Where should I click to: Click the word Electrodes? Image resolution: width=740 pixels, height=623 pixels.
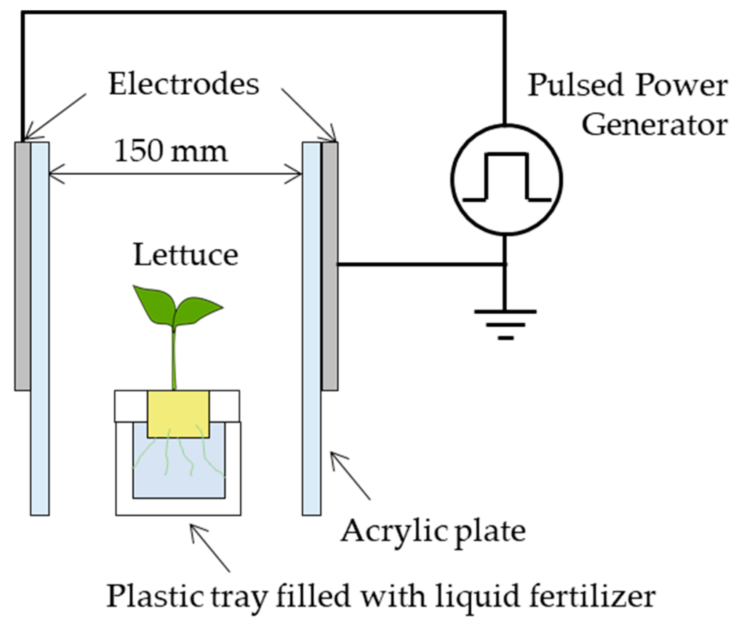183,84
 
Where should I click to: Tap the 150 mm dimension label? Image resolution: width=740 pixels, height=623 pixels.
171,151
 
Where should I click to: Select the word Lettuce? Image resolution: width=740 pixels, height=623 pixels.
186,255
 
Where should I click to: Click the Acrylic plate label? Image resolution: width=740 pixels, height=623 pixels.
433,531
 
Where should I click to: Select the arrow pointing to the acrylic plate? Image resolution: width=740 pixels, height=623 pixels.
350,475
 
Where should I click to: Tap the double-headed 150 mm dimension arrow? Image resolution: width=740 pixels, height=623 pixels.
175,174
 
